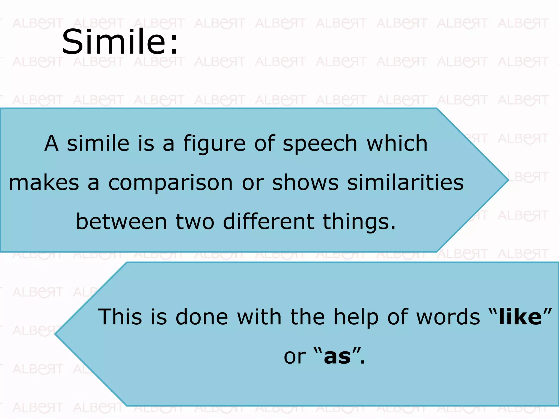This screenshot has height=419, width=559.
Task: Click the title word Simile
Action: pos(120,42)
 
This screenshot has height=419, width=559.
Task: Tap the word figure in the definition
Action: pos(214,144)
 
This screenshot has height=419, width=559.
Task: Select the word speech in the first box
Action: pos(320,144)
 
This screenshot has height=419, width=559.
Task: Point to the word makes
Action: pos(44,182)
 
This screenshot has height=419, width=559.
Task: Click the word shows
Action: pos(305,182)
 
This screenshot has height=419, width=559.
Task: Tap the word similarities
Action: pos(405,182)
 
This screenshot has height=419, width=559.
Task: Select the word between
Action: pos(121,222)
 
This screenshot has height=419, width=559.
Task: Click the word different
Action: pos(269,222)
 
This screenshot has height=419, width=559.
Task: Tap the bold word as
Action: pos(337,356)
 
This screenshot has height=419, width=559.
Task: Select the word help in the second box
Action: pos(356,317)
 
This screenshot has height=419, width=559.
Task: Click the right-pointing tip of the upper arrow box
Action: pos(507,180)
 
